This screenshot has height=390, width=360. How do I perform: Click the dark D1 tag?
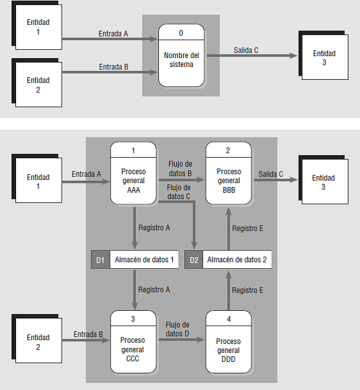[x=100, y=260]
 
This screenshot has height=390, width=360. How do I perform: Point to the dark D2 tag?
[x=193, y=260]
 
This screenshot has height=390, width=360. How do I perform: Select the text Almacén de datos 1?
[x=144, y=260]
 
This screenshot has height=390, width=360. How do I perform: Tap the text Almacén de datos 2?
[x=237, y=260]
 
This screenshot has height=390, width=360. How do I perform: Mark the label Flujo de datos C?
[x=178, y=191]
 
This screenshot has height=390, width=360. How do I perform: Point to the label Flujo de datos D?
[x=177, y=329]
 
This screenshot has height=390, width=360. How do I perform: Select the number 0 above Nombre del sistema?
[x=181, y=32]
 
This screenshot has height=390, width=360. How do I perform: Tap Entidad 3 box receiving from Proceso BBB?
[x=324, y=183]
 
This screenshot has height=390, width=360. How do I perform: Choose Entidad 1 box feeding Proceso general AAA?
[x=38, y=182]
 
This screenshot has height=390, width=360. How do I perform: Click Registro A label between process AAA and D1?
[x=154, y=227]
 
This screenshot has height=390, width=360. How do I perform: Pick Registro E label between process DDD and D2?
[x=247, y=290]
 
